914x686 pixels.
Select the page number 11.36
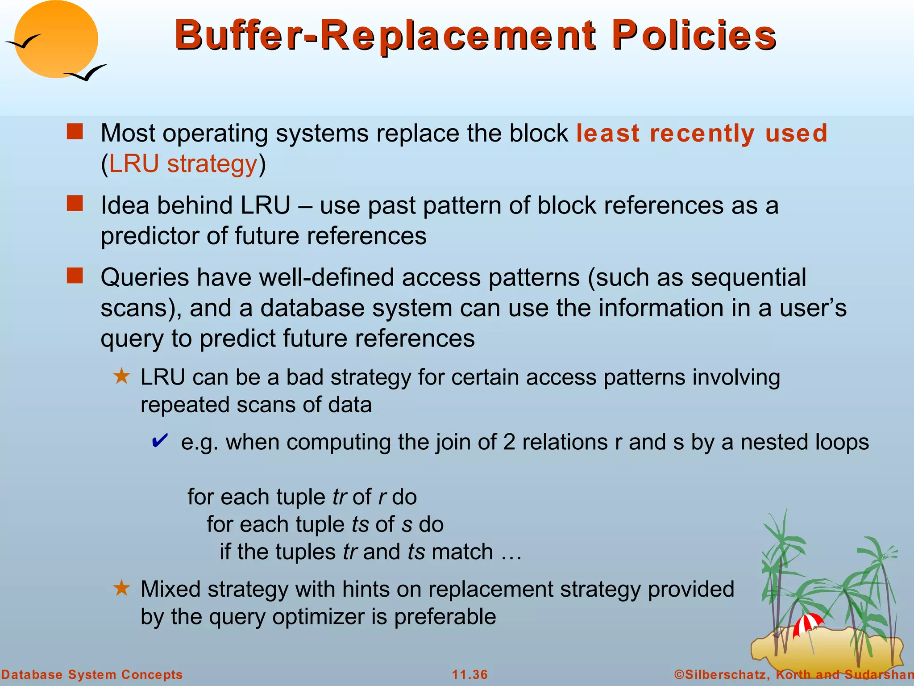(x=470, y=674)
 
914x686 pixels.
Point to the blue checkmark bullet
(x=160, y=441)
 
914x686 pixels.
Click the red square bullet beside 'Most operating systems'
(x=75, y=132)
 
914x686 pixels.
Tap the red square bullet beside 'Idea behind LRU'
(x=75, y=204)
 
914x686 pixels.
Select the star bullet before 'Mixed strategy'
(x=121, y=589)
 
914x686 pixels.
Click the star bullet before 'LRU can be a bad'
(x=121, y=376)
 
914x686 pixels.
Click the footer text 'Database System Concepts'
(x=92, y=674)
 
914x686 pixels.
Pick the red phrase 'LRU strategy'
(x=183, y=163)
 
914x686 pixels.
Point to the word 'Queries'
(x=145, y=277)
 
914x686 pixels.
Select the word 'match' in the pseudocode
(x=462, y=552)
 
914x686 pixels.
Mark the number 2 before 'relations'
(x=509, y=442)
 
